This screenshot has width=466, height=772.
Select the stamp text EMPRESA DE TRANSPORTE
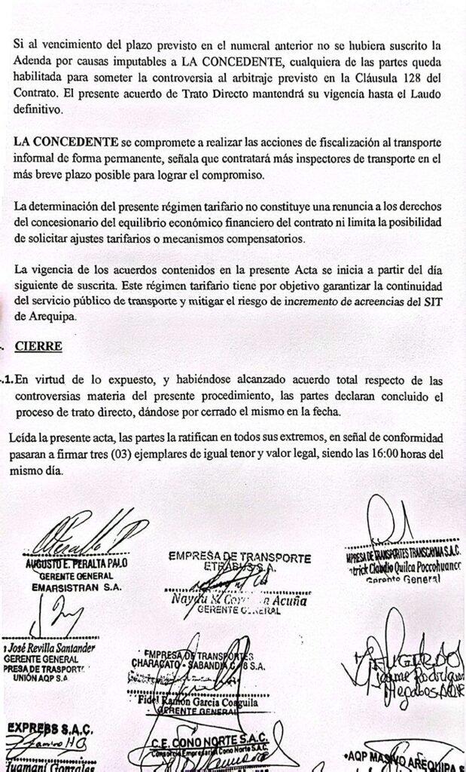point(239,557)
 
